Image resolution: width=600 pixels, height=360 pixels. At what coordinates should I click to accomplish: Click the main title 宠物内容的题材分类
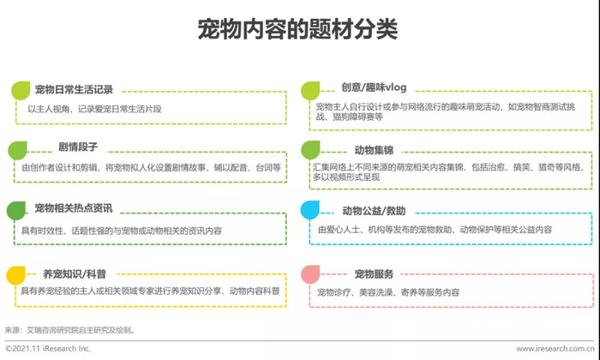click(x=297, y=28)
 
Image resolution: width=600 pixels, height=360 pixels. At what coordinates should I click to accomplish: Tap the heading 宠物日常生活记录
click(x=74, y=89)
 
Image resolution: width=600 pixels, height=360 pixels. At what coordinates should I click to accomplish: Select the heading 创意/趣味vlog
click(x=374, y=87)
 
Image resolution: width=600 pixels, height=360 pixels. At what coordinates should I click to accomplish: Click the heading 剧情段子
click(x=78, y=147)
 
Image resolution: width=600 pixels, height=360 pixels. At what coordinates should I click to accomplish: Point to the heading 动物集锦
click(x=374, y=150)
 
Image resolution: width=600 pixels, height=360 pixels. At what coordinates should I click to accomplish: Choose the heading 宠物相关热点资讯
click(x=74, y=208)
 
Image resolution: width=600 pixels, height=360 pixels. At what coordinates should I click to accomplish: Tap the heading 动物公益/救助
click(x=374, y=211)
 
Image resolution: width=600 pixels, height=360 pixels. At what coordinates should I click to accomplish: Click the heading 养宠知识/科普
click(x=75, y=274)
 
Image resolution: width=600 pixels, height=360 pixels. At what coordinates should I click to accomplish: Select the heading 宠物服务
click(x=374, y=274)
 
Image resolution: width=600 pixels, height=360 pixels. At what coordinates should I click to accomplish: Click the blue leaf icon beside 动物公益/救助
click(x=310, y=210)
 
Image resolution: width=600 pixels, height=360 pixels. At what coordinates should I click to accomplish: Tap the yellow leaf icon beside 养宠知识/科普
click(x=16, y=275)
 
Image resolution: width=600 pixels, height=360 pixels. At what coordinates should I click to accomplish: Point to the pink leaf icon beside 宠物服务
click(x=310, y=274)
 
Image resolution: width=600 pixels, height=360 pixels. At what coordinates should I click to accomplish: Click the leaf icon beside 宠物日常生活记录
click(x=21, y=91)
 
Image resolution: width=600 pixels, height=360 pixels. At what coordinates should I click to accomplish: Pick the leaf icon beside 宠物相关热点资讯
click(x=16, y=211)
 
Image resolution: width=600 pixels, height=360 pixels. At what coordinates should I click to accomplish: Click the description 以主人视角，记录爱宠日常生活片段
click(x=94, y=109)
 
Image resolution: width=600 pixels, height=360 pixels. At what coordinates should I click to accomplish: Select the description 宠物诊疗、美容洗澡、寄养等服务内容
click(x=388, y=292)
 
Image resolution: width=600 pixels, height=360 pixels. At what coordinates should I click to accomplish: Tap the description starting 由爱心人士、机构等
click(x=435, y=230)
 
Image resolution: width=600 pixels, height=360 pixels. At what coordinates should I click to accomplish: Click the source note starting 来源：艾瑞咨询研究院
click(x=69, y=330)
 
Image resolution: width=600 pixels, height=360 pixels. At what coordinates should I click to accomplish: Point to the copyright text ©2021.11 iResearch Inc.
click(x=48, y=349)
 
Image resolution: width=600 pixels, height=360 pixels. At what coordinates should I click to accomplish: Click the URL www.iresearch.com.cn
click(x=555, y=349)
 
